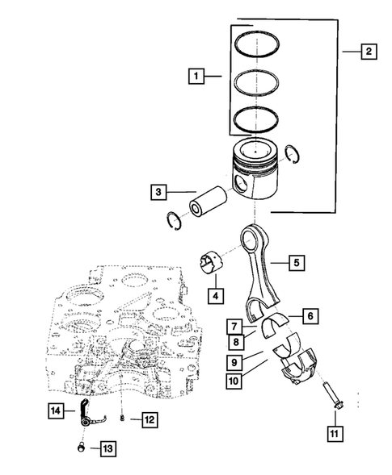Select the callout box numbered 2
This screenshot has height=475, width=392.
pos(368,52)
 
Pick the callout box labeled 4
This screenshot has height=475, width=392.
pos(215,295)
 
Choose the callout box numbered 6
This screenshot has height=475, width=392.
pos(308,316)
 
